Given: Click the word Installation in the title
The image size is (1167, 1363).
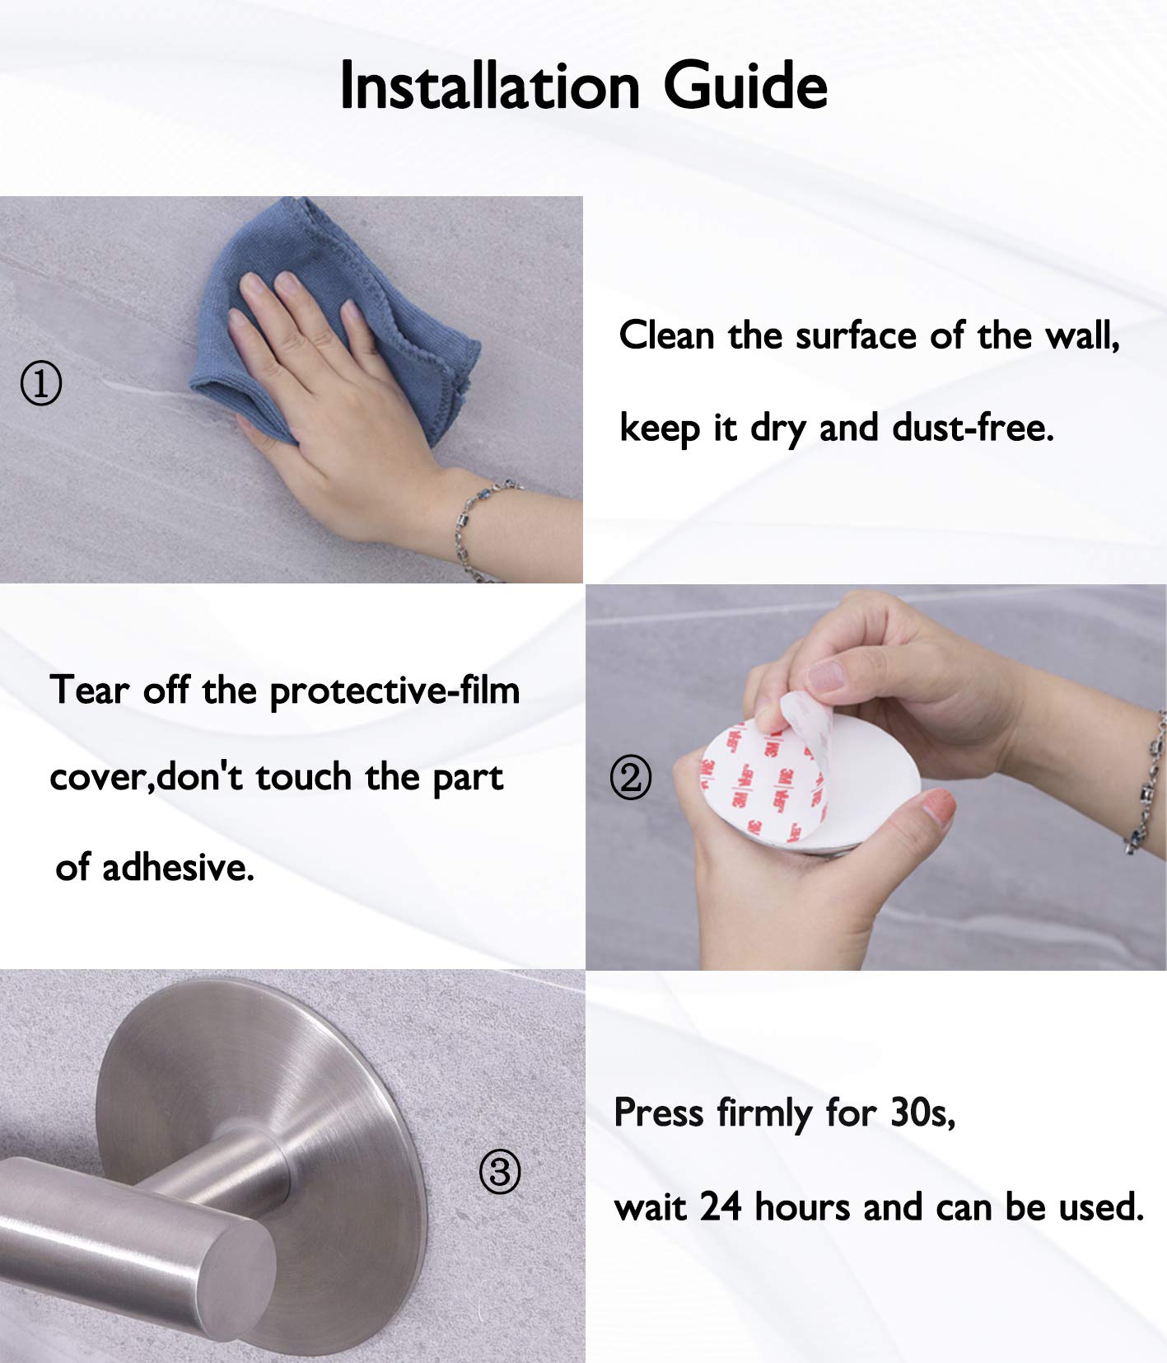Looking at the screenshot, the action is click(490, 85).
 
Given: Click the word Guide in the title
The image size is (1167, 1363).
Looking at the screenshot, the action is click(745, 85).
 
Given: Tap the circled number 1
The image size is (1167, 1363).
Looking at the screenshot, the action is click(40, 384).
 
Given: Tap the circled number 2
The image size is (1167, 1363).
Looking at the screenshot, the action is click(631, 777).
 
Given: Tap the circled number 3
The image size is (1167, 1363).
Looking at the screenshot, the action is click(500, 1171).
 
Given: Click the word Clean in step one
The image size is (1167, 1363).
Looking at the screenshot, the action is click(666, 335).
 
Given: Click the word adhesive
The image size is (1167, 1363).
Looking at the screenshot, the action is click(178, 867).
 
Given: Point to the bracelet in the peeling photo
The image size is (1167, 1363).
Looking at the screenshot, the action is click(1149, 783).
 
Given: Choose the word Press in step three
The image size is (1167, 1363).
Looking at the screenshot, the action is click(659, 1112).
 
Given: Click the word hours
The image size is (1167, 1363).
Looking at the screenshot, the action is click(803, 1207).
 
